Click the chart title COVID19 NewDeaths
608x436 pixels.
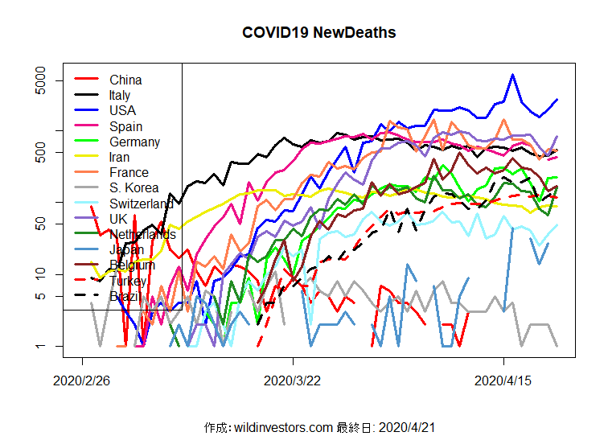click(x=318, y=33)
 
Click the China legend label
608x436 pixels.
click(x=125, y=80)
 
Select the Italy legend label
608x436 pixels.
click(x=120, y=95)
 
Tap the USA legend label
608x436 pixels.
click(x=122, y=110)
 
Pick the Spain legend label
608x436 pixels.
click(x=125, y=126)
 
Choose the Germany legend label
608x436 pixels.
click(x=134, y=142)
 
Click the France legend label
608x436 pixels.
click(x=129, y=172)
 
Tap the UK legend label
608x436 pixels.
click(x=118, y=219)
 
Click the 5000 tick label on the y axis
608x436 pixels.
click(x=41, y=81)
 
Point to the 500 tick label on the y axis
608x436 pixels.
click(x=41, y=152)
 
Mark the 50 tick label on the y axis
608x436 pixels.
click(x=41, y=224)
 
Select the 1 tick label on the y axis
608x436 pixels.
click(x=41, y=346)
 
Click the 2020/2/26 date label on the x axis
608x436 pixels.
click(x=82, y=380)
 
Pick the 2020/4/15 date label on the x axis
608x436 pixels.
click(x=503, y=380)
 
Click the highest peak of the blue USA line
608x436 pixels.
click(x=512, y=75)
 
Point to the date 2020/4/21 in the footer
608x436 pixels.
click(x=407, y=426)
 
